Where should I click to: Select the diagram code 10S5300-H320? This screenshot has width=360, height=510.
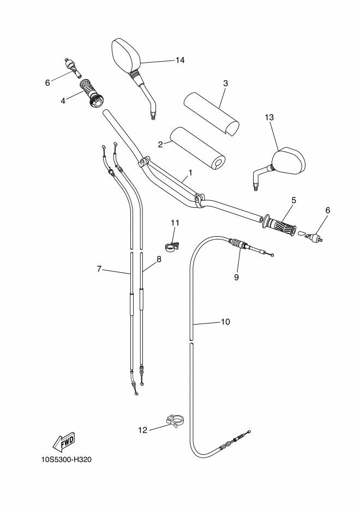coord(67,460)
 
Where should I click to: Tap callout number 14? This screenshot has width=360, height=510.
coord(180,60)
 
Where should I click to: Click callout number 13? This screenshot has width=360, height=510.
coord(269,117)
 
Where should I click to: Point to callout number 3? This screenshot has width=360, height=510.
coord(225,83)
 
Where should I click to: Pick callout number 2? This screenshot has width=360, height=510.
coord(160,145)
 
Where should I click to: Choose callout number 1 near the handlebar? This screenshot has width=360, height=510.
coord(190,172)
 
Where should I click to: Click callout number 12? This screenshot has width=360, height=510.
coord(143,430)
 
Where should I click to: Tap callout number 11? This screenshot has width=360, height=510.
coord(175,223)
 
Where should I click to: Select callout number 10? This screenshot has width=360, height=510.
coord(225,322)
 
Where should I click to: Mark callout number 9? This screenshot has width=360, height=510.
coord(236,277)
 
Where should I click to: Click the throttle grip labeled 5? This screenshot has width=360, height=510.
coord(280,224)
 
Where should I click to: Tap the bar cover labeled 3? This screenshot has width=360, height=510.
coord(212,114)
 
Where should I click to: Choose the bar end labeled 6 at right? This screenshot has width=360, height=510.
coord(312,236)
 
